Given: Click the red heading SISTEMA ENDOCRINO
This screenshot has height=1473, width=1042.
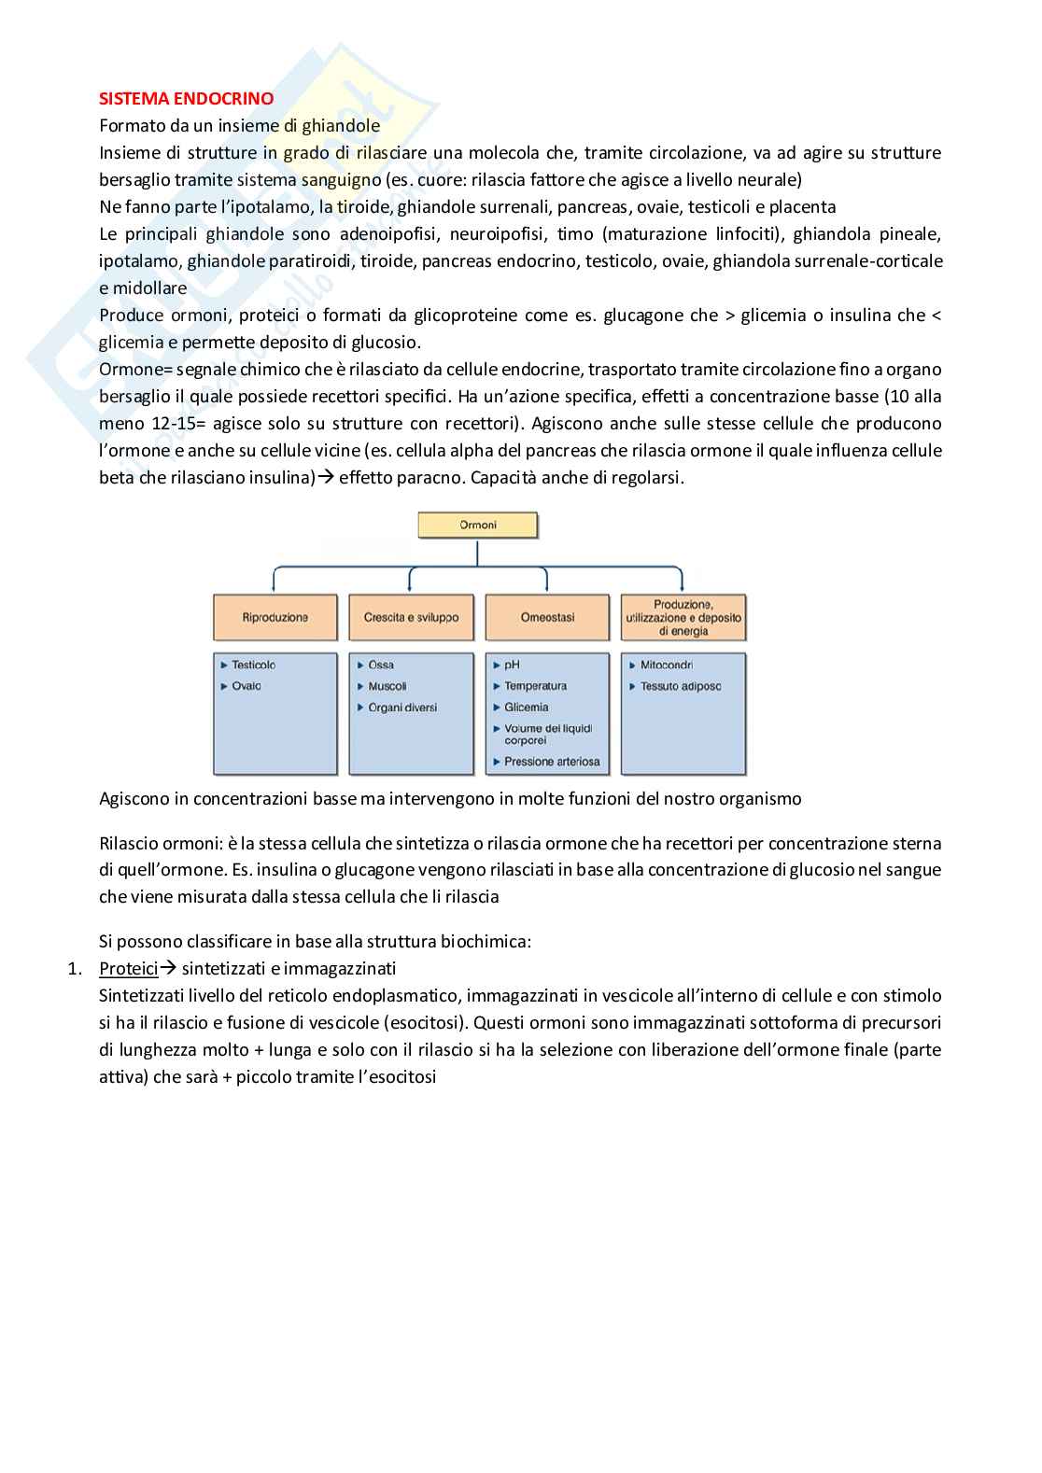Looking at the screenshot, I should (187, 98).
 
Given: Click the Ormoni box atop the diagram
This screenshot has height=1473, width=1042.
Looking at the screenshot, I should (477, 525).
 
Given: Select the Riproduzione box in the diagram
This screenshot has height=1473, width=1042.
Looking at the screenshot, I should (275, 617).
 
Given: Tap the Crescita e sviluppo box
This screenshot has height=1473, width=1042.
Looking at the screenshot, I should (411, 617).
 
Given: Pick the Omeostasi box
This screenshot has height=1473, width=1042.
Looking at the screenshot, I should (547, 617).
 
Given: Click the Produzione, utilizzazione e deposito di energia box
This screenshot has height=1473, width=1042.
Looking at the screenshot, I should (683, 617).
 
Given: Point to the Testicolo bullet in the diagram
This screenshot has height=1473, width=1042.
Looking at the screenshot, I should (253, 665).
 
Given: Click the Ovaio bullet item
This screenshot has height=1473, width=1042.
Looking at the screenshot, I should (246, 686).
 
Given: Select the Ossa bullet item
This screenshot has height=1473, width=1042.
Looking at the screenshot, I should (381, 665).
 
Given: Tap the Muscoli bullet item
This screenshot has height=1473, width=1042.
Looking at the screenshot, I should (387, 686).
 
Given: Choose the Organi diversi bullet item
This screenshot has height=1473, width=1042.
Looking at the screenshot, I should (402, 708).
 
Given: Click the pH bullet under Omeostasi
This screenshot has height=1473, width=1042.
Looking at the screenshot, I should (512, 665).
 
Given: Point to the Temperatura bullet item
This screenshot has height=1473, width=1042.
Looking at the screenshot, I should (535, 686).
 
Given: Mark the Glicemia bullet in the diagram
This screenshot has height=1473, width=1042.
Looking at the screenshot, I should (526, 708).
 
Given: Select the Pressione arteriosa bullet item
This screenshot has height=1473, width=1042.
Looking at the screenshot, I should (552, 762).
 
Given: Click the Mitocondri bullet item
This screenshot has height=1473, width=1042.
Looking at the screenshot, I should (666, 665).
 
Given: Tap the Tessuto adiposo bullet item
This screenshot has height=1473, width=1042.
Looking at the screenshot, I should (680, 686).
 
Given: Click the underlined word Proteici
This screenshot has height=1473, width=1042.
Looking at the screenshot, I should (128, 969).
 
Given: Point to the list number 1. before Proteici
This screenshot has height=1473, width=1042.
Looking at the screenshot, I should (76, 969).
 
